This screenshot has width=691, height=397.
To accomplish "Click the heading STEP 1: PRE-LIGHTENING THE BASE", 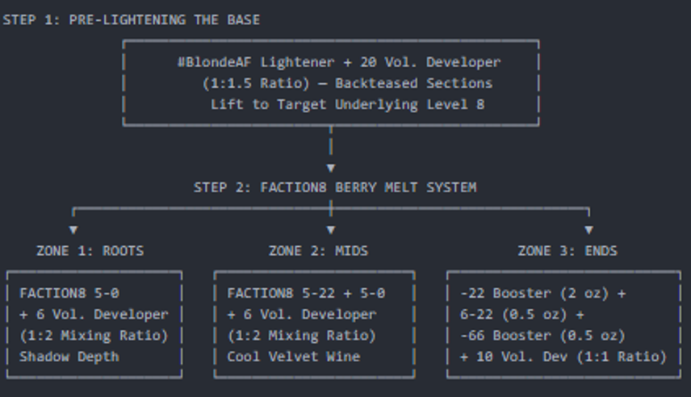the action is coord(132,20).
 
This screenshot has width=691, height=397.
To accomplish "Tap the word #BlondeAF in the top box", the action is coord(214,62).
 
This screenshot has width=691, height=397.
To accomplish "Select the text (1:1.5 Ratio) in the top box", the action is coord(256,83).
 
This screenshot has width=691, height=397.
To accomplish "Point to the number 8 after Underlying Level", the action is coord(480,104).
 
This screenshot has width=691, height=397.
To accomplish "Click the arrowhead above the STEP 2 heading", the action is coord(331,168).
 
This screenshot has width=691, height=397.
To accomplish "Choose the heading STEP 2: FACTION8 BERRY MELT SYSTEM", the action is coord(335,188).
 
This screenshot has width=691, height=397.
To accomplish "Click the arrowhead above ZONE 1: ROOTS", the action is coord(73,229).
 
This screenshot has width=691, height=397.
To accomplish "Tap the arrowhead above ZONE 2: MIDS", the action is coord(331,229).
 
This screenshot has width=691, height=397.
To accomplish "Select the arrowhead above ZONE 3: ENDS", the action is coord(588,229).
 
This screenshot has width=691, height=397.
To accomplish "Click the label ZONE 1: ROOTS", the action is coord(90,251).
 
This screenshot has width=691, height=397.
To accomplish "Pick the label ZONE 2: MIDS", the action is coord(318,251).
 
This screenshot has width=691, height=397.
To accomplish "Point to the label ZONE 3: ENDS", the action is coord(567,251).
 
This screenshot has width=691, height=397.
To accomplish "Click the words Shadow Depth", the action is coord(69,357).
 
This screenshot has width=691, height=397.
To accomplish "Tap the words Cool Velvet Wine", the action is coord(294,357).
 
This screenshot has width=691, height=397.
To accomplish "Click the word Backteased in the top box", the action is coord(376,83).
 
